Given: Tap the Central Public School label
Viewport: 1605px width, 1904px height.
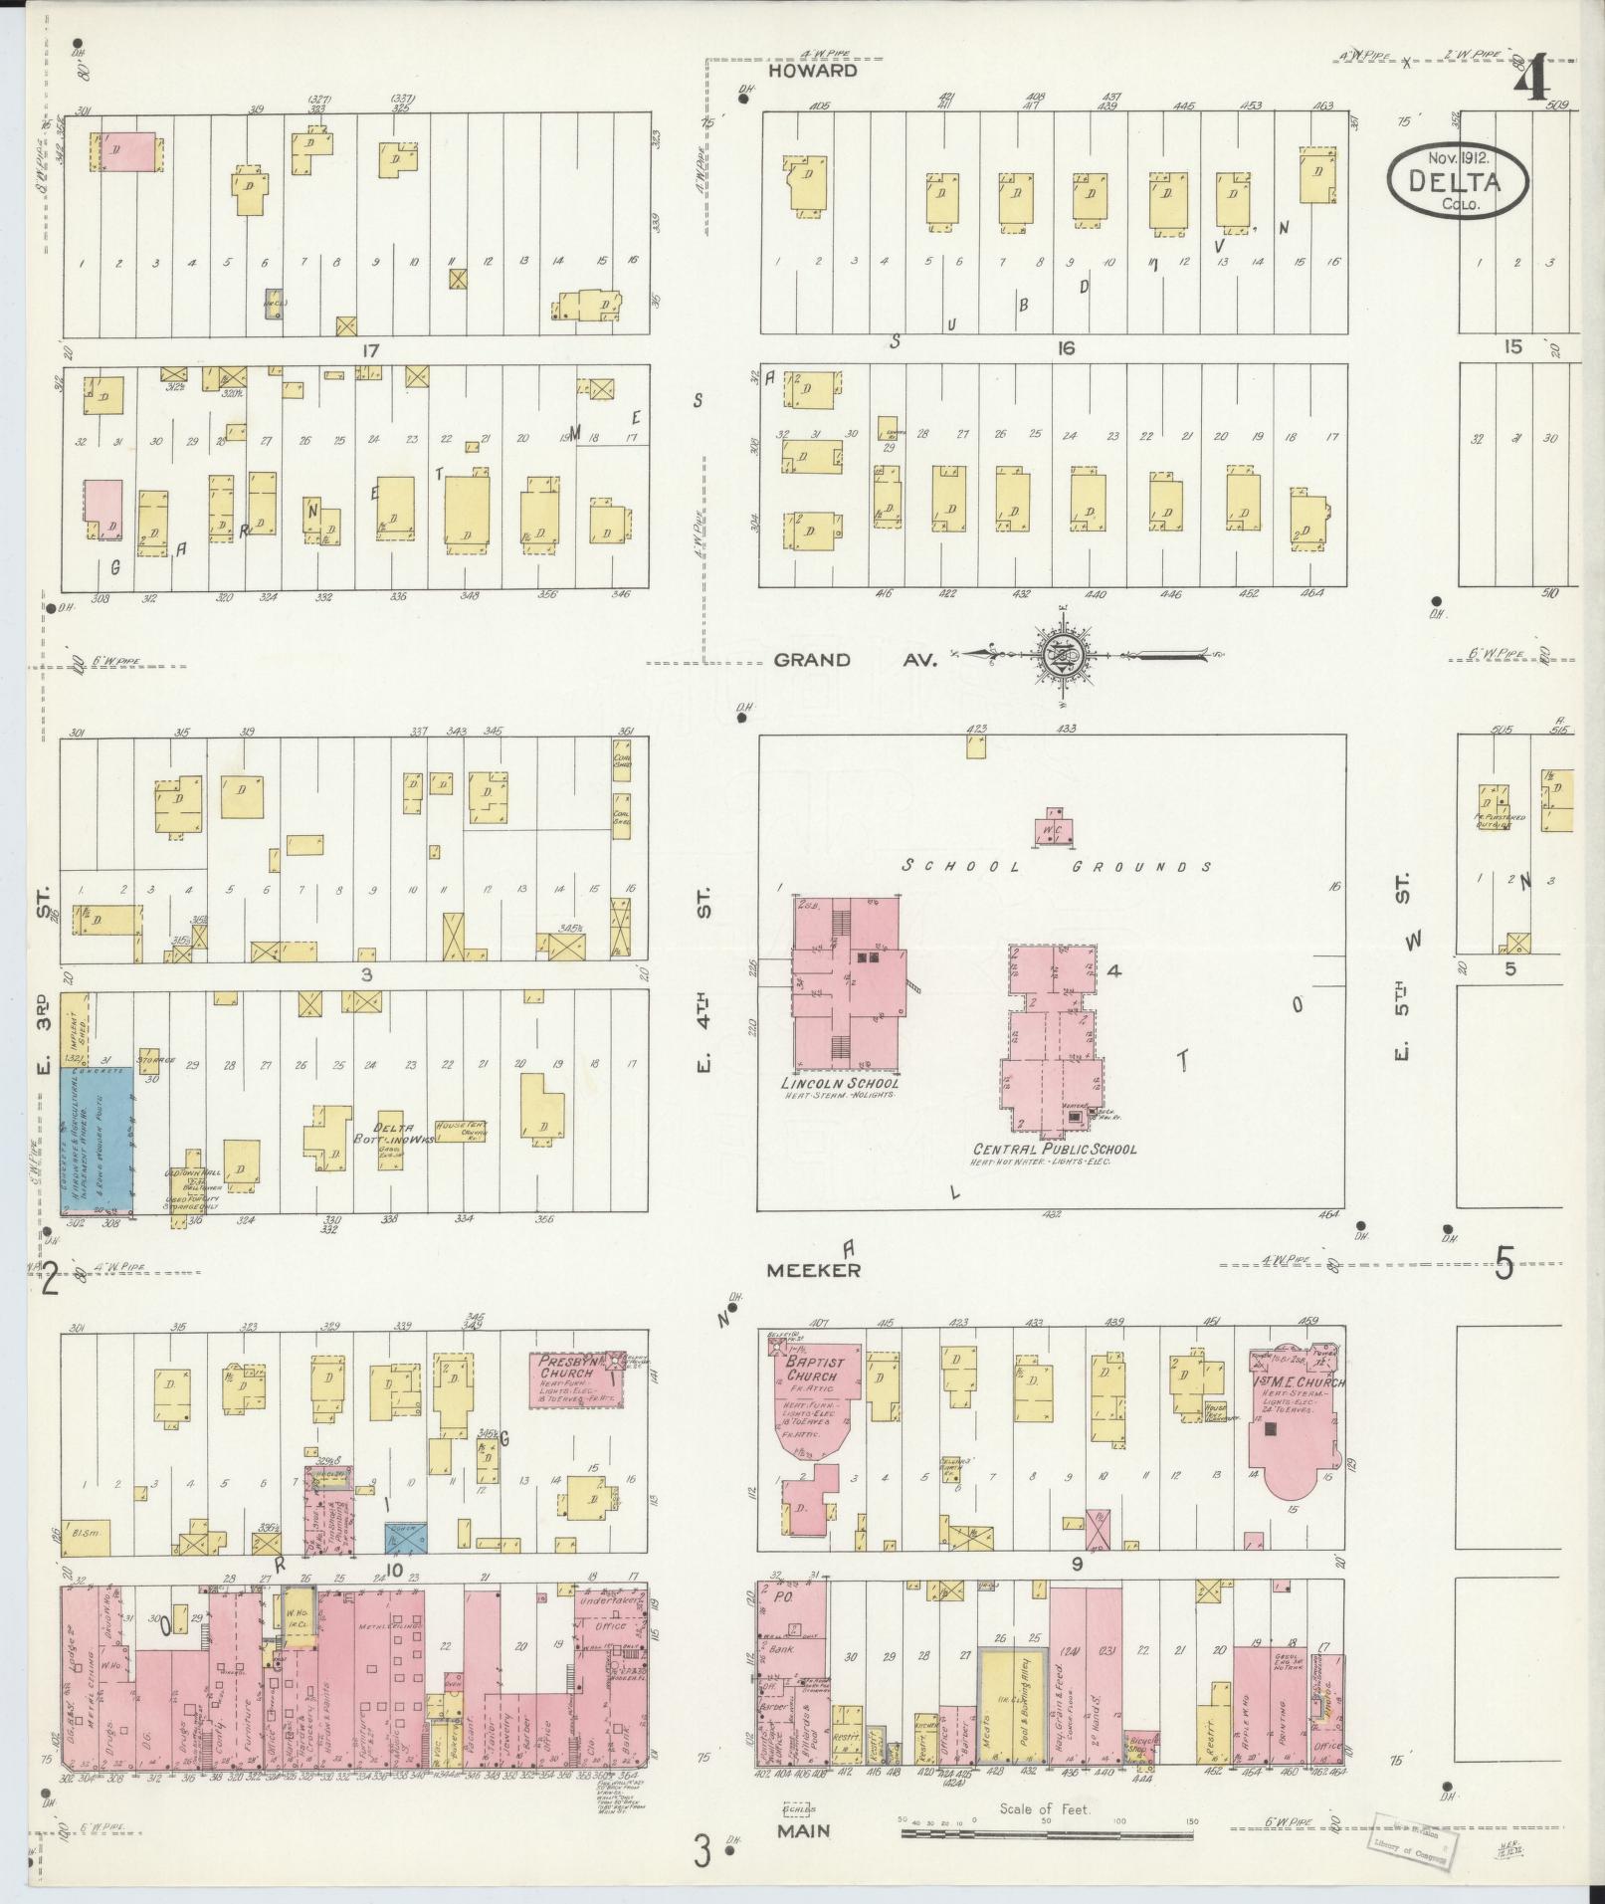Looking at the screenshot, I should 1054,1149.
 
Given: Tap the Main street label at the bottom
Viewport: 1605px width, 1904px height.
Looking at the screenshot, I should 804,1829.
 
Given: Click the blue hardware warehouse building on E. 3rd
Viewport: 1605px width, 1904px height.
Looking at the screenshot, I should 98,1141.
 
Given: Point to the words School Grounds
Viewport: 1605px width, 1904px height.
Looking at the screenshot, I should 1057,866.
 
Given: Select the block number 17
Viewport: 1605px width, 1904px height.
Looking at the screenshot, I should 372,350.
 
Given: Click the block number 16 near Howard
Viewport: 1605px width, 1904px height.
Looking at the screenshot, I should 1067,348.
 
